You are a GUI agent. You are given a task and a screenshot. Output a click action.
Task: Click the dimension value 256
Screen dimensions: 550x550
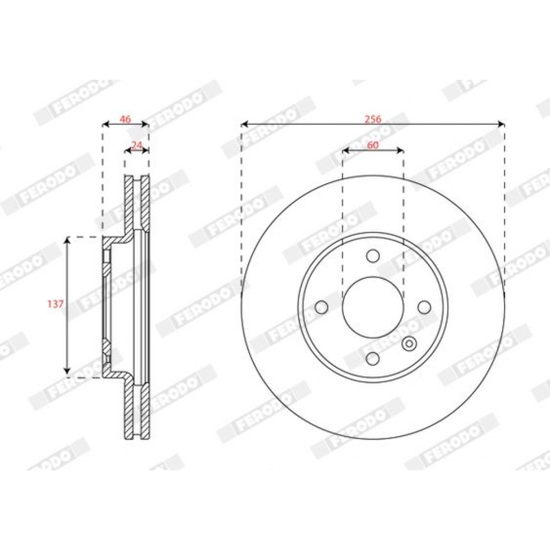373,119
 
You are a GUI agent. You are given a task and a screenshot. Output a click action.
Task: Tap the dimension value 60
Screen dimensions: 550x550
373,145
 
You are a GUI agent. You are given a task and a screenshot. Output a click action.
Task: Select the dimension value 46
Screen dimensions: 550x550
125,119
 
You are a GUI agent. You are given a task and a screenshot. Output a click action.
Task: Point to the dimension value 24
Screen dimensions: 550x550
137,145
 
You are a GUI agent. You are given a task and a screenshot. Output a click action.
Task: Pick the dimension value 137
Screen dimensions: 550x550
56,304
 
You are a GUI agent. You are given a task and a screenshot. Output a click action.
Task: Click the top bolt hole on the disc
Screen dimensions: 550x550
373,256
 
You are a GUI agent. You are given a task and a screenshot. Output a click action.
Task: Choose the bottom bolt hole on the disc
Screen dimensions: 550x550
373,359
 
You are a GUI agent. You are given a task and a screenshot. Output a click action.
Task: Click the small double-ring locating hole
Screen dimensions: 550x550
409,343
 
